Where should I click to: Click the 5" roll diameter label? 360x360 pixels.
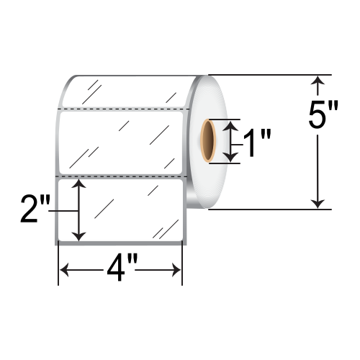click(323, 114)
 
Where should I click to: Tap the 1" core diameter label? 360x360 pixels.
click(257, 143)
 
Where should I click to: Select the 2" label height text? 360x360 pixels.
click(35, 209)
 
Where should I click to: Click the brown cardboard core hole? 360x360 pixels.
click(208, 140)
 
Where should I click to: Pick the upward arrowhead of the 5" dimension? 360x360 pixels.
click(318, 81)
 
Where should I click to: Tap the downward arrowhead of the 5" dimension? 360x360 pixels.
click(318, 204)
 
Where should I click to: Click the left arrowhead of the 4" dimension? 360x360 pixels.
click(64, 270)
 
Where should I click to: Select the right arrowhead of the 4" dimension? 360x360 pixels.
click(176, 270)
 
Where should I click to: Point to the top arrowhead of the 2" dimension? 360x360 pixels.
click(78, 183)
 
